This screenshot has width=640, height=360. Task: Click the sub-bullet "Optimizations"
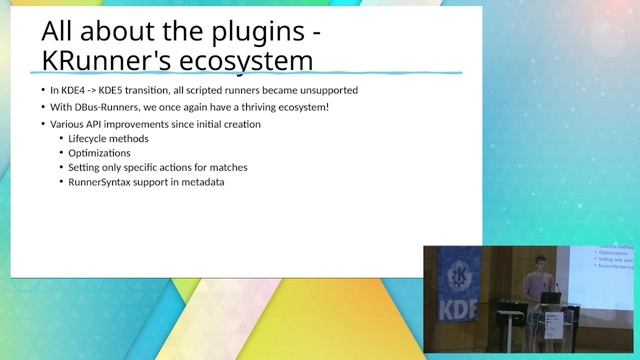99,153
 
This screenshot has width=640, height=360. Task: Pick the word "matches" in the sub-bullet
224,168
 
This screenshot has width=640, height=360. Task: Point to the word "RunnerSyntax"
102,183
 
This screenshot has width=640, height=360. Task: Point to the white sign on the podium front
553,325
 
